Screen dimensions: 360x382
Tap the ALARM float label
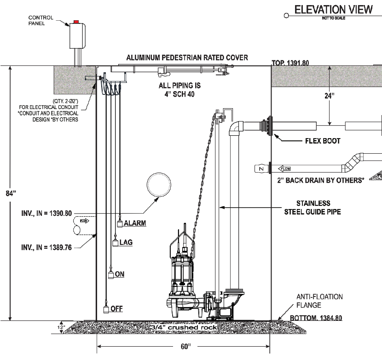[x=135, y=223]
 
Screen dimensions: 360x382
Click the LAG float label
[x=126, y=242]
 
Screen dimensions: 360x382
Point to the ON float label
[x=120, y=274]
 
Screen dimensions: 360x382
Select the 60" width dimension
[x=183, y=345]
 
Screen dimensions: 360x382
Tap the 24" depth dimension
[x=329, y=97]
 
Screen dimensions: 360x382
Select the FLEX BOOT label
[x=322, y=141]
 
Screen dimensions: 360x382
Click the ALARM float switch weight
[x=120, y=224]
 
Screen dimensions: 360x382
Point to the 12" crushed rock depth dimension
[x=58, y=326]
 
